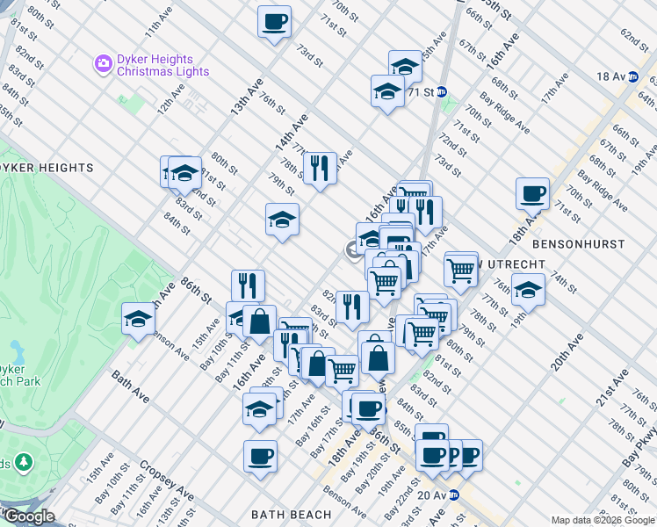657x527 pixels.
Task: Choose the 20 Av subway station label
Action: point(432,495)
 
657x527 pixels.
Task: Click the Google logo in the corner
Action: point(28,516)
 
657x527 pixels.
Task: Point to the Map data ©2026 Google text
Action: point(603,520)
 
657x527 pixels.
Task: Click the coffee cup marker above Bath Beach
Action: point(261,457)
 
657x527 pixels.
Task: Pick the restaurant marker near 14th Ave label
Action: point(320,167)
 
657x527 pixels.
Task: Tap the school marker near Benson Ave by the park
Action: point(139,320)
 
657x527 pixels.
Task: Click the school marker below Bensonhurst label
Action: point(528,289)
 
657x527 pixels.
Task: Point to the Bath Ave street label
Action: point(129,386)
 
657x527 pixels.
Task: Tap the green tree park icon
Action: point(24,462)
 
